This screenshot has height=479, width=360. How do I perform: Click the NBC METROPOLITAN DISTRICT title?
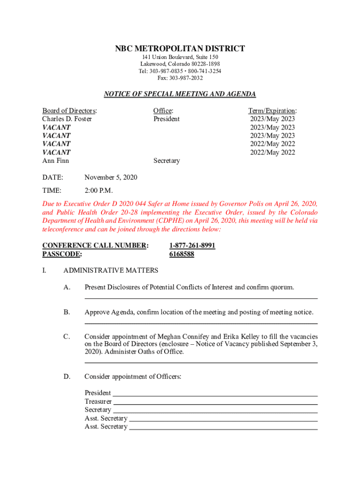[180, 49]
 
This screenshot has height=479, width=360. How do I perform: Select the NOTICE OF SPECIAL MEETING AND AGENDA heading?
[180, 94]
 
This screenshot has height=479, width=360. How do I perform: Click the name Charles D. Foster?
[67, 119]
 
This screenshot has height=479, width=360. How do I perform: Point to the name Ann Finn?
[56, 161]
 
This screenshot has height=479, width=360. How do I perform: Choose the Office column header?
[163, 111]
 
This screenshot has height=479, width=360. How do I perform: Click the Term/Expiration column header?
[272, 111]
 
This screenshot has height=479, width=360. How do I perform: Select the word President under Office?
[166, 119]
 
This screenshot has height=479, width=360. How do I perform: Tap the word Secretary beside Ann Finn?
[166, 161]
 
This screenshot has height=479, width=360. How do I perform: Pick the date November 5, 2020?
[111, 178]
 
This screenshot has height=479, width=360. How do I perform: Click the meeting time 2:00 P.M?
[99, 191]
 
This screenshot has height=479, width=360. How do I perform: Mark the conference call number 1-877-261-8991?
[192, 246]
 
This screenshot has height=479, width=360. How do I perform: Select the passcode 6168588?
[181, 254]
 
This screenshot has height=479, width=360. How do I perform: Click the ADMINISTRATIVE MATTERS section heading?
[111, 270]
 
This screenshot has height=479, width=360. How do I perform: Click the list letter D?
[67, 377]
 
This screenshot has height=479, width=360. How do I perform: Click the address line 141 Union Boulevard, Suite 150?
[180, 57]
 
